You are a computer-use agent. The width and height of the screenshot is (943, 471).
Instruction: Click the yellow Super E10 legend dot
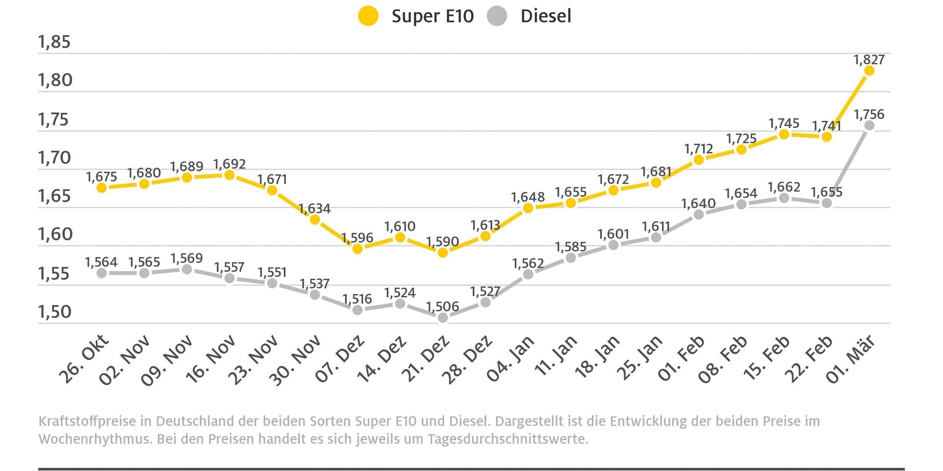click(x=368, y=16)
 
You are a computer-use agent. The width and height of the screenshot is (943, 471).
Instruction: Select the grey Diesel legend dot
click(x=497, y=16)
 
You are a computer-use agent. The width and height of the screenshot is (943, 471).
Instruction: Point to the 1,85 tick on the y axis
click(x=54, y=42)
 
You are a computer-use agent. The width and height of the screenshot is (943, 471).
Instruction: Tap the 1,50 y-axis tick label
click(x=55, y=312)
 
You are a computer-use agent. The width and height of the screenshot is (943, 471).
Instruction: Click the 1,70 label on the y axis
click(x=54, y=158)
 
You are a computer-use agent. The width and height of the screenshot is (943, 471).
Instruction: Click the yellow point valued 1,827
click(x=869, y=71)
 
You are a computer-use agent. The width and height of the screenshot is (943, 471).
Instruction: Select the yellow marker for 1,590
click(x=443, y=252)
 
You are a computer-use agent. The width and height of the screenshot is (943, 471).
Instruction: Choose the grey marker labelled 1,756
click(x=869, y=125)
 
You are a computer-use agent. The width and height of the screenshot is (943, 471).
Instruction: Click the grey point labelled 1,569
click(x=187, y=269)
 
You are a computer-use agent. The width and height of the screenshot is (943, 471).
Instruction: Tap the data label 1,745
click(x=784, y=123)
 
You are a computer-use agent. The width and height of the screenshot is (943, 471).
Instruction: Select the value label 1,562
click(x=528, y=263)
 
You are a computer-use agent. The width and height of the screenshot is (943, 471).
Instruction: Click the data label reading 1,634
click(x=314, y=209)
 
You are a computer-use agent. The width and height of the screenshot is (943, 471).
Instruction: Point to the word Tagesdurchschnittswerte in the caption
click(x=508, y=439)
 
